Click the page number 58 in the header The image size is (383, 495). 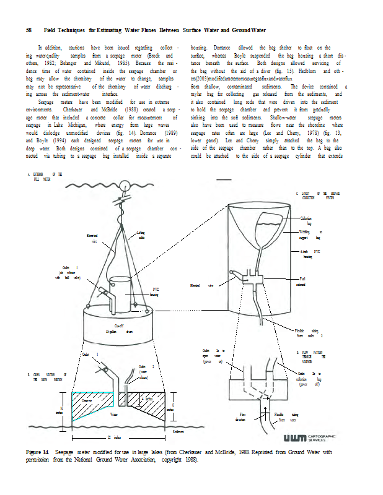29,30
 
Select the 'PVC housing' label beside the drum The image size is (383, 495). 156,291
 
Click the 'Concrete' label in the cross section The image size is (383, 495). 86,401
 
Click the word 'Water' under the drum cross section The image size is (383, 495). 113,413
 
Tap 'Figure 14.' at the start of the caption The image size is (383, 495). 38,452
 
